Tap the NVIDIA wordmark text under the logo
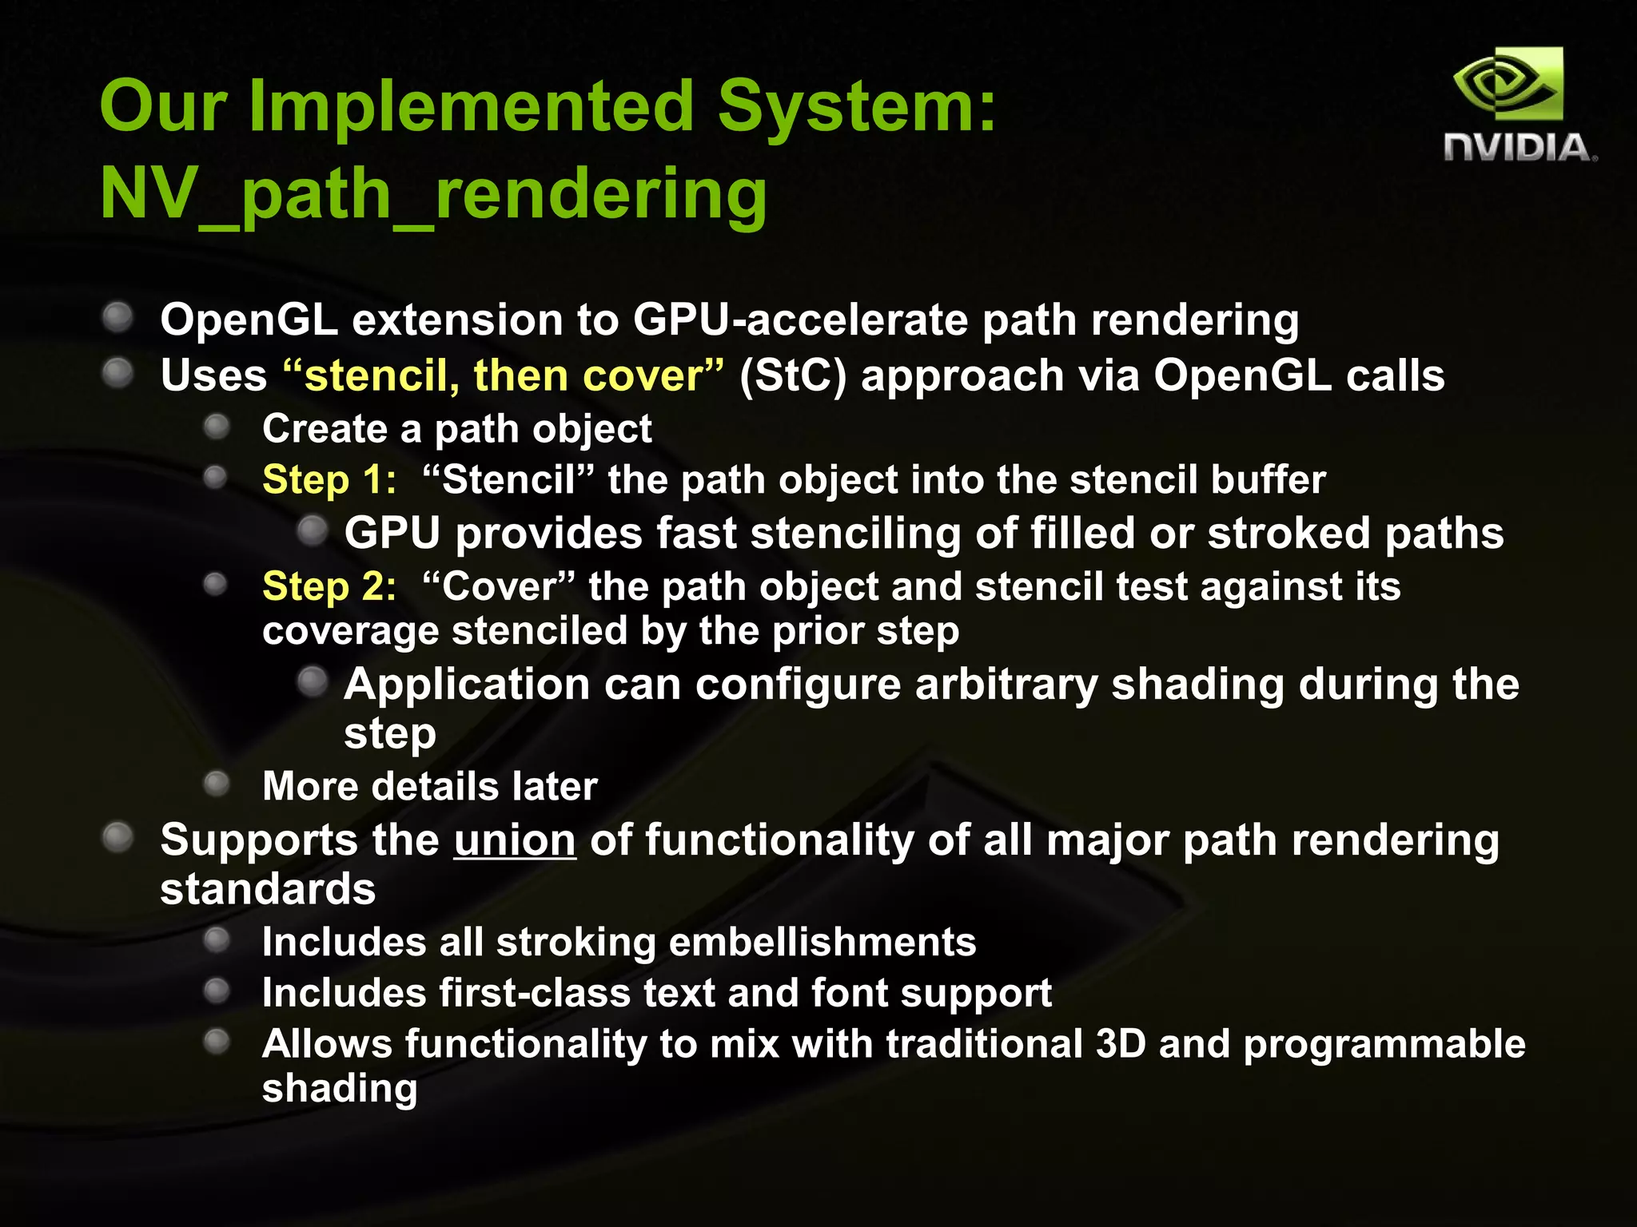(1519, 149)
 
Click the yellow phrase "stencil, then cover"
(504, 375)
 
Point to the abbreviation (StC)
(792, 375)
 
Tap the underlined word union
(514, 841)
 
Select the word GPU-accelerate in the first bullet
(799, 320)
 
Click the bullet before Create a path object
(216, 427)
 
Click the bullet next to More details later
(216, 784)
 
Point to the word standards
(267, 890)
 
